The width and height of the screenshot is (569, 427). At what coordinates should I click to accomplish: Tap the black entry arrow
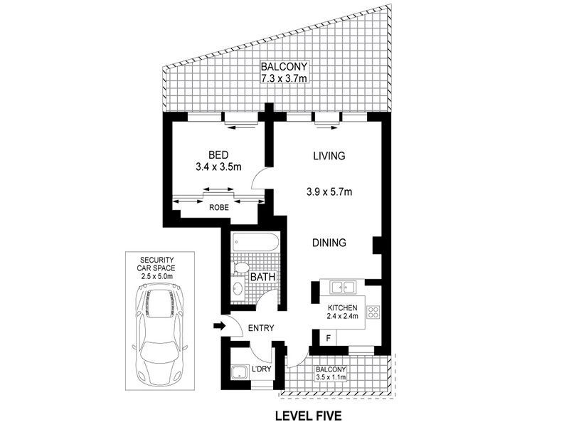click(220, 327)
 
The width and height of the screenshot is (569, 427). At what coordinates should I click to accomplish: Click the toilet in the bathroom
click(240, 270)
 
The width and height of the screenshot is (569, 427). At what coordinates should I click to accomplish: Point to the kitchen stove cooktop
click(374, 312)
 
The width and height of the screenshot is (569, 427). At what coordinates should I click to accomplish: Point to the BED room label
click(218, 155)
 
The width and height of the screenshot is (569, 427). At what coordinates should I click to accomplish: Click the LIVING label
click(329, 155)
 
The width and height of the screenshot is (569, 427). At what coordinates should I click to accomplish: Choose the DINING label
click(329, 243)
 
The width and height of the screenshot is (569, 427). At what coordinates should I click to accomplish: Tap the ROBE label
click(218, 209)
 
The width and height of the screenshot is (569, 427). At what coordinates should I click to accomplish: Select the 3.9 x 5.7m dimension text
click(329, 191)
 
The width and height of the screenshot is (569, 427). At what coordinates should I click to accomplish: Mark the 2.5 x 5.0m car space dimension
click(156, 275)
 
